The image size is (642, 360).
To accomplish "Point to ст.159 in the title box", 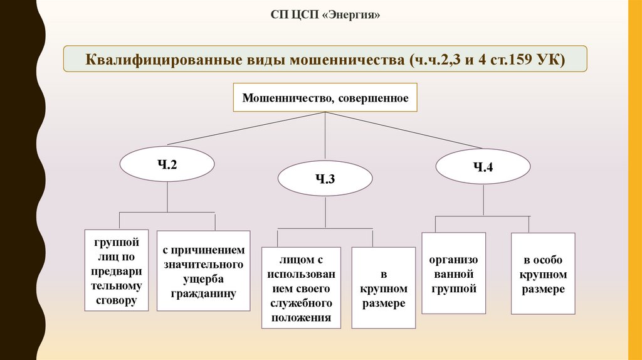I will point(513,61).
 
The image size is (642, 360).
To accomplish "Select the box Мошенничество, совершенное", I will point(325,98).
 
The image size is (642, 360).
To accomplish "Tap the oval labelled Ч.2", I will point(167,166).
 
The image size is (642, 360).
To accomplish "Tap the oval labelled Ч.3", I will point(325,179).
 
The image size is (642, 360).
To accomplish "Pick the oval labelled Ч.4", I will point(483,166).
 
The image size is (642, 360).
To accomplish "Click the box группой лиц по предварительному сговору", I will point(117,271).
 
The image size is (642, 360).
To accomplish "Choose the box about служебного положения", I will point(302,287).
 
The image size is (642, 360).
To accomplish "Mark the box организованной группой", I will point(454,273).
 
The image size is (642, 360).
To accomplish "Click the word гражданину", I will point(203,293).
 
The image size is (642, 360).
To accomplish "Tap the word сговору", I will point(117,300).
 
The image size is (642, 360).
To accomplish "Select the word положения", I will point(302,317).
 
